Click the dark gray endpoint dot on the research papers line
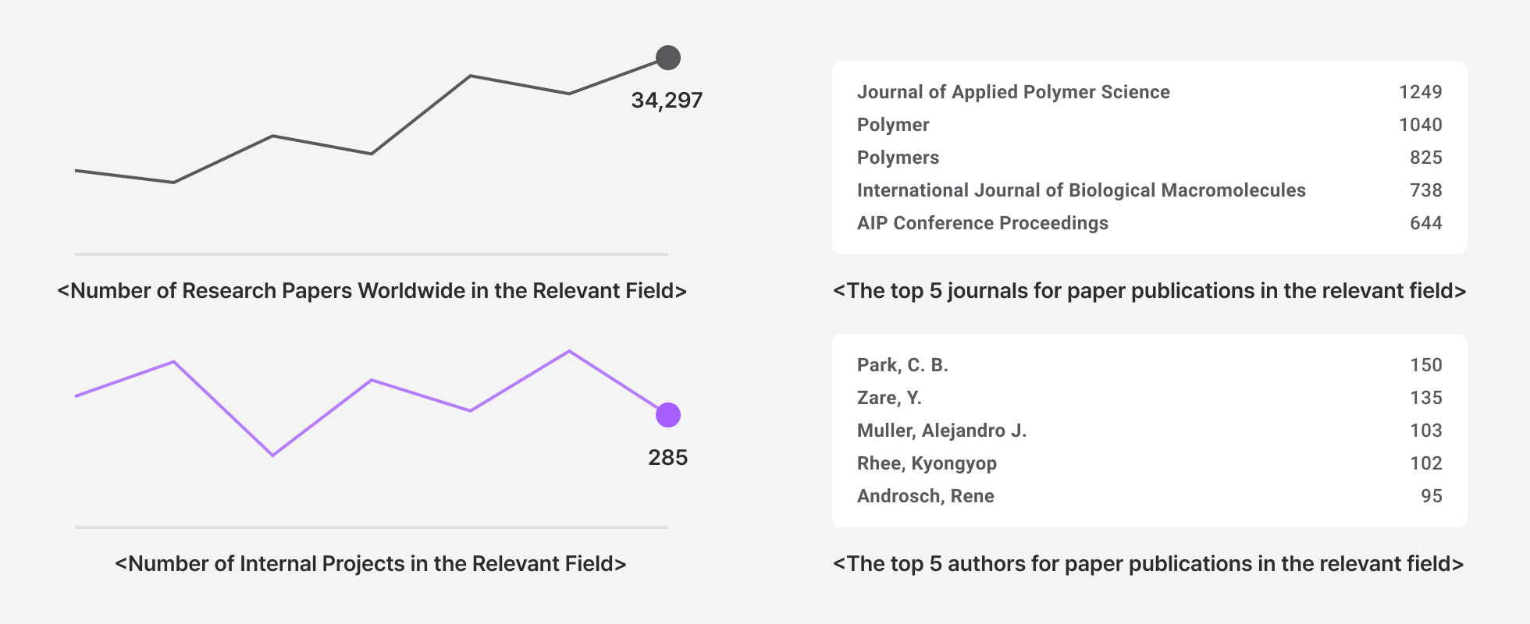pyautogui.click(x=668, y=58)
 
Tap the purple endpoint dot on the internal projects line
pyautogui.click(x=668, y=415)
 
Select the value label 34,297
pyautogui.click(x=667, y=101)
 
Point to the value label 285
pyautogui.click(x=667, y=458)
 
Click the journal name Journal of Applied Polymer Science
pyautogui.click(x=1013, y=92)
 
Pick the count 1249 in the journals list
pyautogui.click(x=1420, y=92)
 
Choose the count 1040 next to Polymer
pyautogui.click(x=1420, y=125)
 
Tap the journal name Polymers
pyautogui.click(x=898, y=158)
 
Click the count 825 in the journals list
pyautogui.click(x=1425, y=158)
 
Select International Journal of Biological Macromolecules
pyautogui.click(x=1081, y=190)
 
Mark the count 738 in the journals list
pyautogui.click(x=1425, y=190)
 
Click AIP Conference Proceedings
pyautogui.click(x=982, y=223)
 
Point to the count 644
pyautogui.click(x=1425, y=223)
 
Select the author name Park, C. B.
pyautogui.click(x=902, y=365)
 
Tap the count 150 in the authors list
pyautogui.click(x=1425, y=365)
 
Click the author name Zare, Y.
pyautogui.click(x=889, y=398)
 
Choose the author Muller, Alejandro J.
pyautogui.click(x=941, y=431)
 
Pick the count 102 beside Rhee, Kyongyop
pyautogui.click(x=1425, y=463)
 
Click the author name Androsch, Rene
pyautogui.click(x=925, y=496)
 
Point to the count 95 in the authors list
pyautogui.click(x=1431, y=496)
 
